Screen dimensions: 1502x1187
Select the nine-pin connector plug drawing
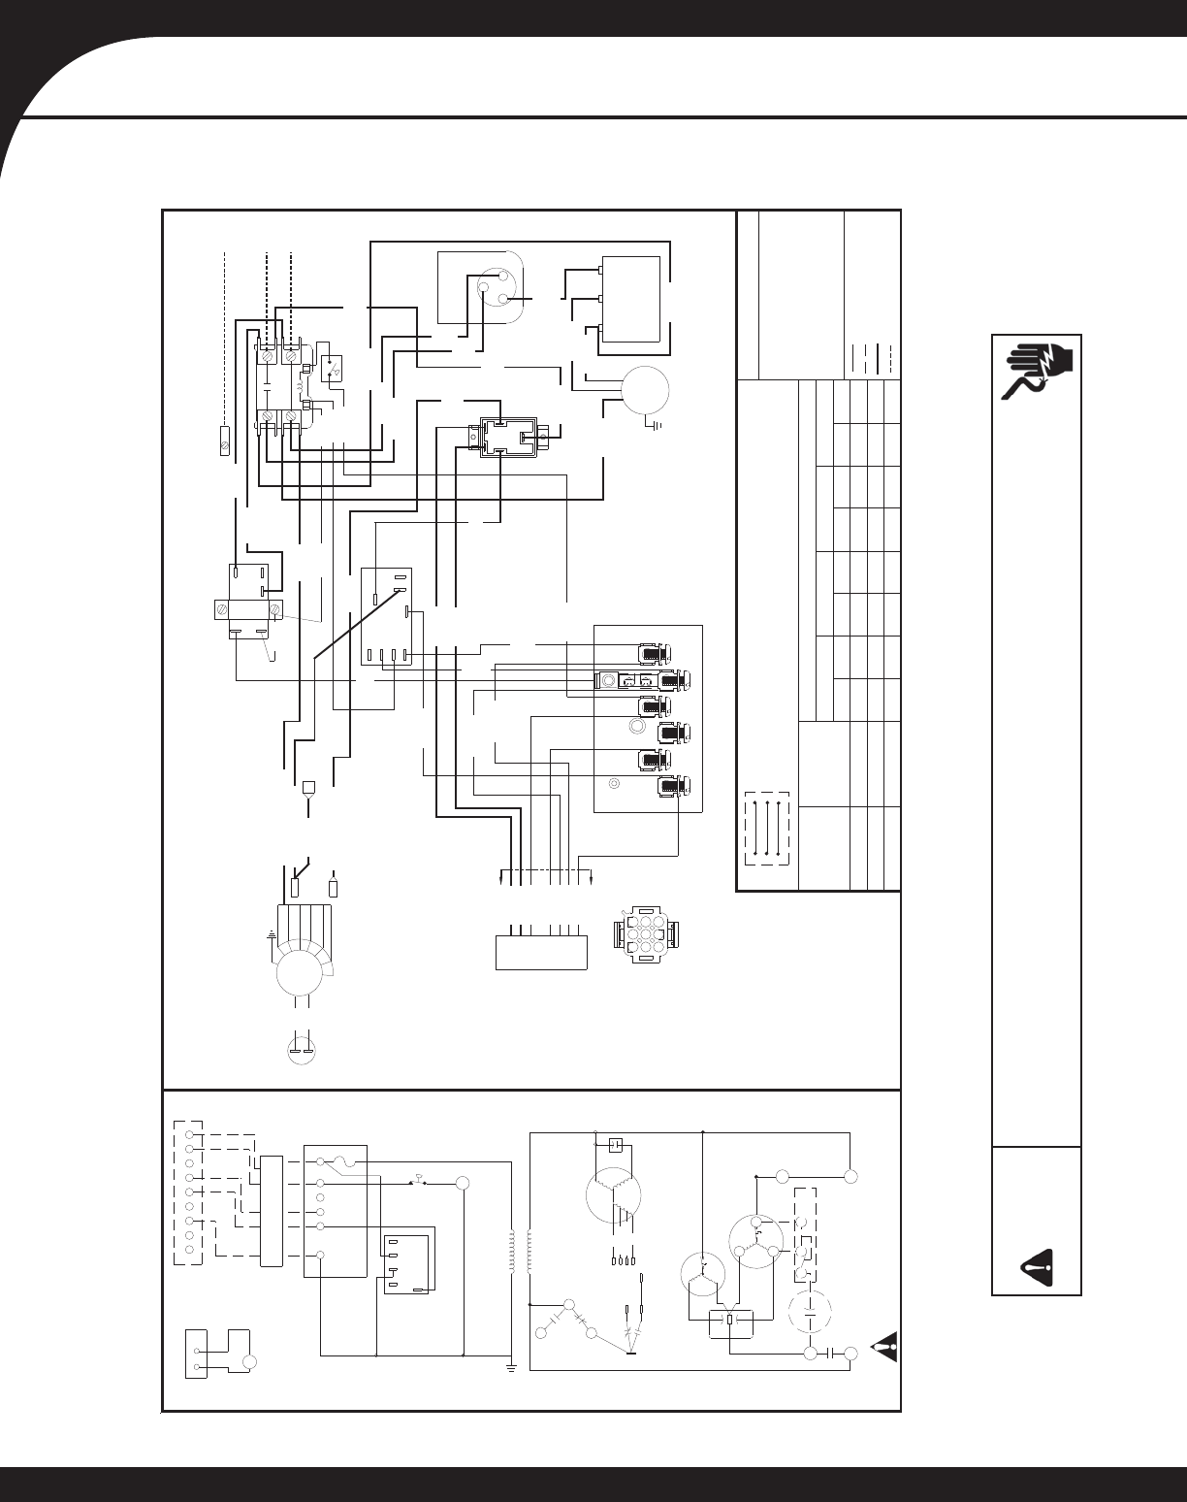647,934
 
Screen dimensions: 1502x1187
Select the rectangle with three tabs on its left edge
631,299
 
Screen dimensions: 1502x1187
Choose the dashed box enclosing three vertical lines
767,830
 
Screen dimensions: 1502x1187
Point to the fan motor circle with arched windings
304,970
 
